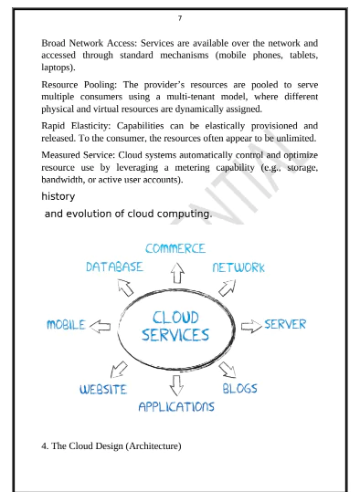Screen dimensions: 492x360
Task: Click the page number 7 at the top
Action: (x=180, y=18)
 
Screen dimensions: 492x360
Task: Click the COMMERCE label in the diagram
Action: (x=175, y=248)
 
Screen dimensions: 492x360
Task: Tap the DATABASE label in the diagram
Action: (x=114, y=267)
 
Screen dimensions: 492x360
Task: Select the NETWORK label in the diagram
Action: (x=238, y=267)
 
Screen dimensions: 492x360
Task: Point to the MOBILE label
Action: (x=66, y=325)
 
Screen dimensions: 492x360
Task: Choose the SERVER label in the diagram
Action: (x=285, y=324)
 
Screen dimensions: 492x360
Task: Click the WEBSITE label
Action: (x=103, y=389)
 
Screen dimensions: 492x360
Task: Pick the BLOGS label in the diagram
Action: (x=239, y=388)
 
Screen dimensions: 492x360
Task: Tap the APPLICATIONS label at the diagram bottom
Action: (x=176, y=406)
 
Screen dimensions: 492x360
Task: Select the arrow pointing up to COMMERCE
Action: (x=177, y=271)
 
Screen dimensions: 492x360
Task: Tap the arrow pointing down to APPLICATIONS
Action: (x=176, y=382)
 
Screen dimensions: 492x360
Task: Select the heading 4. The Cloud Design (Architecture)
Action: (x=112, y=445)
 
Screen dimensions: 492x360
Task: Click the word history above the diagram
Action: (x=58, y=196)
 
